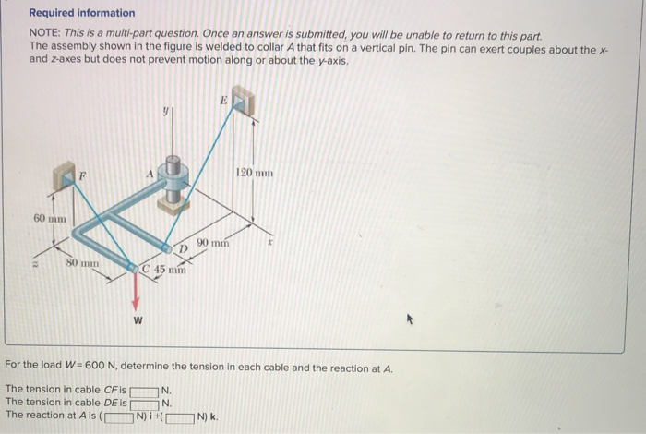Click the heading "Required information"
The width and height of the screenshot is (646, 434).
[81, 13]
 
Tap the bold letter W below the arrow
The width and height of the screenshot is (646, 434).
[138, 321]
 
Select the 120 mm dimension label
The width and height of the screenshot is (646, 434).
[255, 173]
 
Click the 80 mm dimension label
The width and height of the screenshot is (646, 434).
[82, 263]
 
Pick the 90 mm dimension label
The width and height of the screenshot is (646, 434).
[212, 243]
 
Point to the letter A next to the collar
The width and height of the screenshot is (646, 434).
[146, 170]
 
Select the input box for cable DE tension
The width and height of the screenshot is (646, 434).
[145, 404]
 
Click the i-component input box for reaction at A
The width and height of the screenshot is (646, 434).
[118, 416]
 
